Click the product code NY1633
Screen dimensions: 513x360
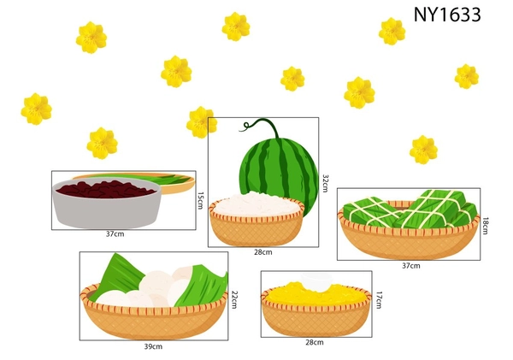(447, 15)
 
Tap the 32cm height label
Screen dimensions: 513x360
(325, 183)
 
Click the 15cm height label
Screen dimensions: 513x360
(200, 200)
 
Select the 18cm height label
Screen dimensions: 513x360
(485, 226)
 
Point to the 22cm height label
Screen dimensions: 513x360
(234, 299)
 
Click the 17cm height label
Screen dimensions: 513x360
(379, 300)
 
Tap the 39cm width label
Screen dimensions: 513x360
(153, 346)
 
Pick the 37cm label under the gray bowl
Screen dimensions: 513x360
(115, 234)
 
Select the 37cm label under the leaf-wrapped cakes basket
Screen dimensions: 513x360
(411, 266)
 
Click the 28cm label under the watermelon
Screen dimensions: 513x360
(263, 252)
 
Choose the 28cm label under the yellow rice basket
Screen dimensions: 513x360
(315, 342)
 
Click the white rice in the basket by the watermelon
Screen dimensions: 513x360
(256, 204)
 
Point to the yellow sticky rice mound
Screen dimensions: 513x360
(316, 294)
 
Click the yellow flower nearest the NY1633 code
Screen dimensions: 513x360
(392, 32)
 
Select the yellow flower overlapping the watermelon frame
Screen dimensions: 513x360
(202, 122)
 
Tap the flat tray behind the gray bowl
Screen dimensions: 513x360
(170, 183)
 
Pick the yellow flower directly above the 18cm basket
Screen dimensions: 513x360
(423, 150)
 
